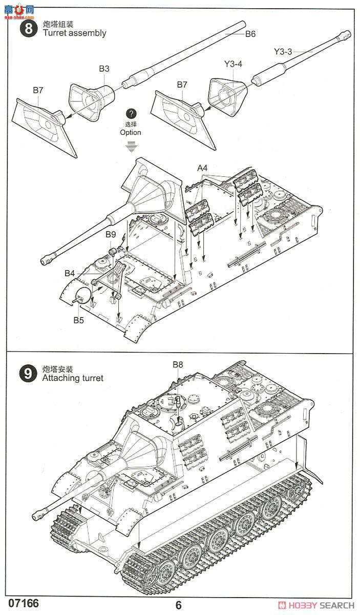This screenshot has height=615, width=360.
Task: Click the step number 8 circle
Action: coord(29,28)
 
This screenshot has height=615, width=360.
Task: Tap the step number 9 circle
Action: coord(29,373)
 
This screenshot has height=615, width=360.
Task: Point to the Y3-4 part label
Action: coord(234,64)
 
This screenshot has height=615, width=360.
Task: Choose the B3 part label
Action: coord(104,68)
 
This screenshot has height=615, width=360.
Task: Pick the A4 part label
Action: coord(203,168)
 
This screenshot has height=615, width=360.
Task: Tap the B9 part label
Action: coord(111,234)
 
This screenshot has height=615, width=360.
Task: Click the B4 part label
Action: coord(70,274)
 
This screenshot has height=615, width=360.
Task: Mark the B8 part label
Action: coord(178,364)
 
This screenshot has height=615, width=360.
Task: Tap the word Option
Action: coord(131,132)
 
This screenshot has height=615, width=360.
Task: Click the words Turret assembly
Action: coord(74,33)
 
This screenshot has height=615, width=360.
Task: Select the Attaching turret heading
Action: coord(73,378)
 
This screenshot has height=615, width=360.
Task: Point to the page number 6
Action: coord(178,605)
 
